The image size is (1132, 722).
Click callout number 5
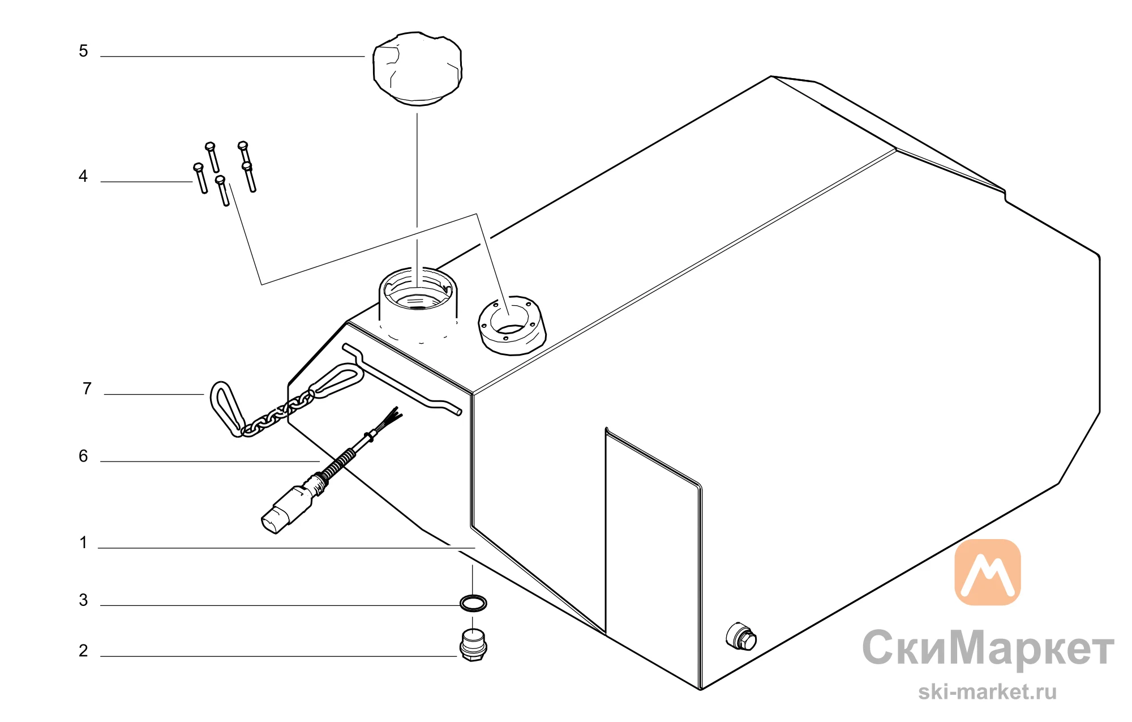click(83, 51)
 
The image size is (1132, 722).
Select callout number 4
click(83, 176)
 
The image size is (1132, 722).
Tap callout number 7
click(87, 388)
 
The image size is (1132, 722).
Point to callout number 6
click(83, 456)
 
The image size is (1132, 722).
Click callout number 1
click(84, 542)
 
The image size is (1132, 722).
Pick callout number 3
click(83, 600)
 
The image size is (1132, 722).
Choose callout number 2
click(83, 651)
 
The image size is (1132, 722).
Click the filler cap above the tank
click(417, 69)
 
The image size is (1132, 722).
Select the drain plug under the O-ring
click(473, 645)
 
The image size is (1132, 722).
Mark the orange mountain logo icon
click(988, 572)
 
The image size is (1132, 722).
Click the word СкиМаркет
click(988, 648)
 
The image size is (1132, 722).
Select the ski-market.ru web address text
click(987, 691)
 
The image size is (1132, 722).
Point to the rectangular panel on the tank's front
click(654, 558)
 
